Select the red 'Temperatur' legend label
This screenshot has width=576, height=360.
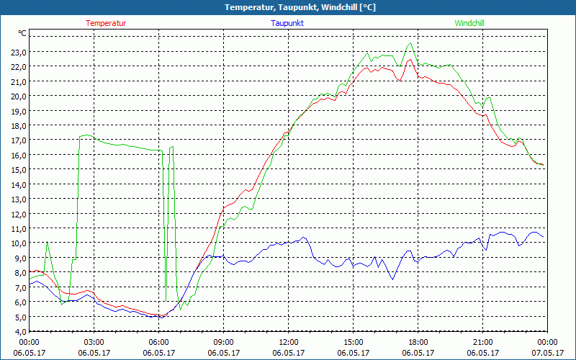point(106,23)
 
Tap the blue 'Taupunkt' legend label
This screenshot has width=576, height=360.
point(287,23)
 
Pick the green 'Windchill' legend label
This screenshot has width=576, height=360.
point(469,23)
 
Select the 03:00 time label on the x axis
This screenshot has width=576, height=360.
point(94,342)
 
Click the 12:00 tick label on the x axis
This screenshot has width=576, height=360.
point(288,342)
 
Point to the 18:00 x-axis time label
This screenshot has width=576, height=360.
point(418,342)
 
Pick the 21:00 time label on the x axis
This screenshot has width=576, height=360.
point(482,342)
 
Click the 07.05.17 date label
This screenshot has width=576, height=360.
point(547,353)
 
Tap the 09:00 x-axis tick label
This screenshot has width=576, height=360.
point(223,342)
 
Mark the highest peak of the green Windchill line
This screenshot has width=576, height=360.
point(410,43)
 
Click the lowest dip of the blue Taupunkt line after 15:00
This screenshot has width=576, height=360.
point(392,279)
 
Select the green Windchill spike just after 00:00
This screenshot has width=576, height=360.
point(48,242)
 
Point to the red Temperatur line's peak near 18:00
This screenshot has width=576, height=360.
point(410,60)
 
